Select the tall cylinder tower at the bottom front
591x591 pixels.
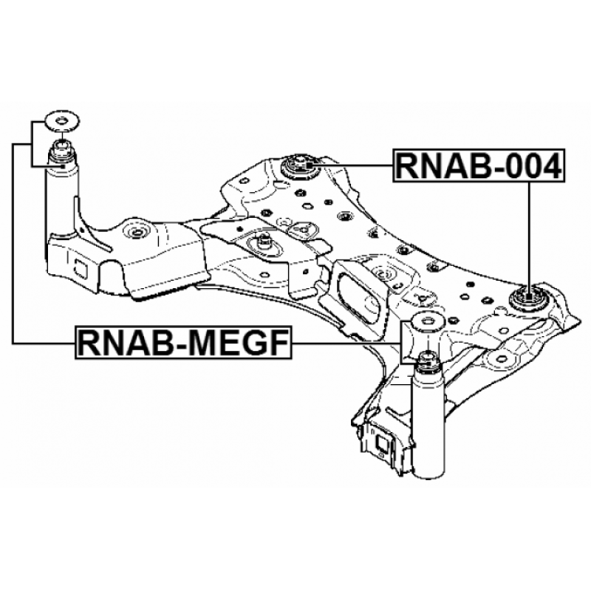426,428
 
